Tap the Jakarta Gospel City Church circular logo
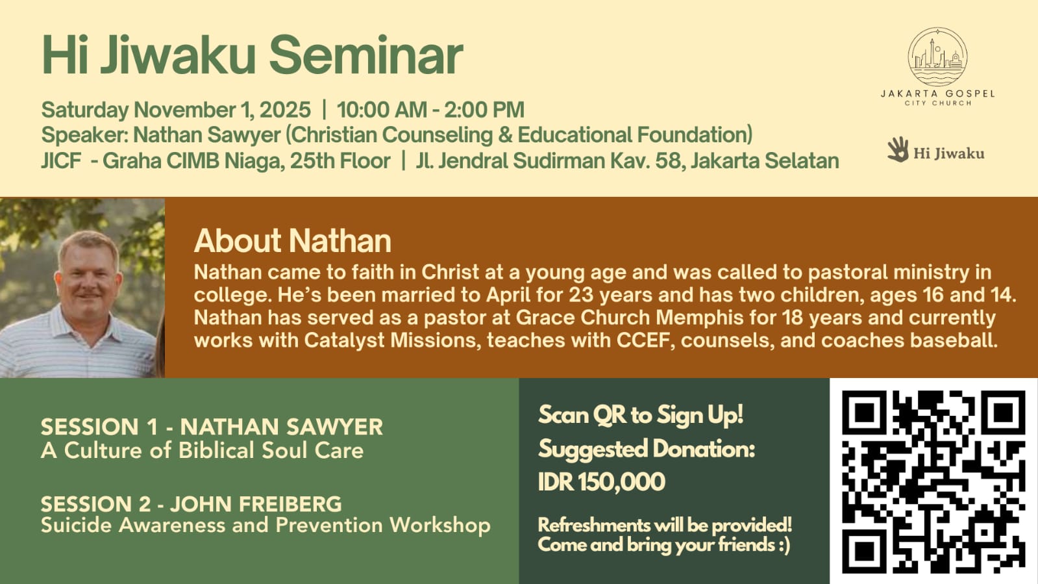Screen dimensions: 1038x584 (937, 57)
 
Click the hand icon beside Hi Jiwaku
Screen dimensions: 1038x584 (898, 149)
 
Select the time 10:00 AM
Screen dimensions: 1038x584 (382, 110)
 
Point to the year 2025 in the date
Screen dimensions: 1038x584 (285, 110)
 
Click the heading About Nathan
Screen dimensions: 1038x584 (292, 240)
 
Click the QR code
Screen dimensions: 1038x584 (933, 481)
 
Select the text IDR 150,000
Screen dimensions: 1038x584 (602, 481)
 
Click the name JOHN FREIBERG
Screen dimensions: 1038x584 (256, 504)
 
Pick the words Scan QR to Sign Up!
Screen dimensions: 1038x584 (641, 414)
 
